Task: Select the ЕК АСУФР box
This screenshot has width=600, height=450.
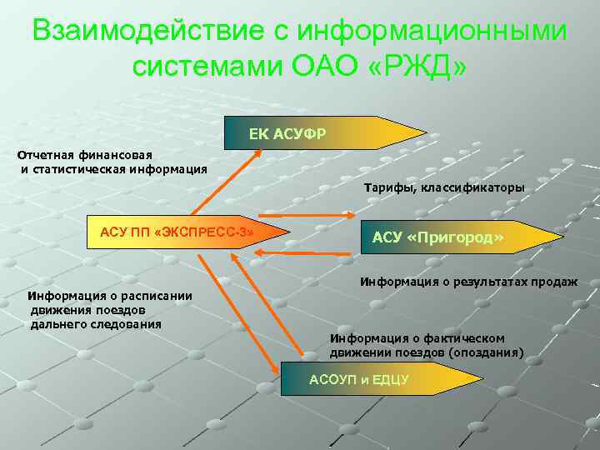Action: [x=317, y=133]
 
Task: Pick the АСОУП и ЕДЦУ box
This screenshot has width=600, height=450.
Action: [x=367, y=379]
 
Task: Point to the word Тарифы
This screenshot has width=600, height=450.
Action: [x=389, y=188]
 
